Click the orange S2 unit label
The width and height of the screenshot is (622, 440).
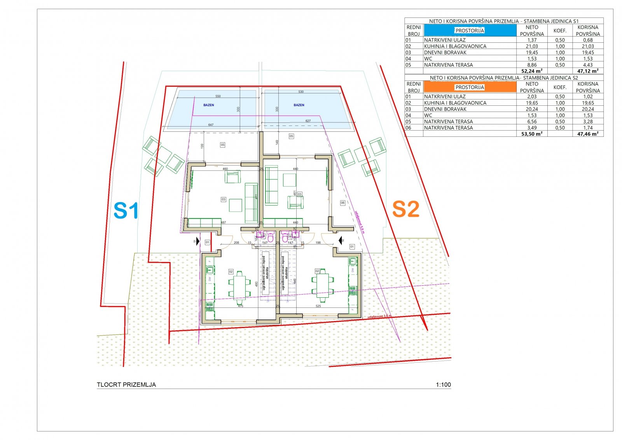(405, 209)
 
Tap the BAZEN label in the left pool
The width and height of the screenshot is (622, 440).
(209, 105)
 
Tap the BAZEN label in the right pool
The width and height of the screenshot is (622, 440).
(299, 105)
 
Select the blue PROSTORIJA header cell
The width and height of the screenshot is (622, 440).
(470, 31)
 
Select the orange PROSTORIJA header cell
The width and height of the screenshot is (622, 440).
(470, 87)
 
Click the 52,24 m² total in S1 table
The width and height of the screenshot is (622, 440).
(532, 71)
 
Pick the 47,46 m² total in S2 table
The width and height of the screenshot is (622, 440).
(588, 134)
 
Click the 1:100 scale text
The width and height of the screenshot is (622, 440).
(443, 385)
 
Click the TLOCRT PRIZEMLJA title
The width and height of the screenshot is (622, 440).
(126, 385)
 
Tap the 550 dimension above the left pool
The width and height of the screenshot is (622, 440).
(218, 96)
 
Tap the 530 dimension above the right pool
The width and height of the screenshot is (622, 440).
(301, 92)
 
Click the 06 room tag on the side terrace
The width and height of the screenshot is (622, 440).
(342, 203)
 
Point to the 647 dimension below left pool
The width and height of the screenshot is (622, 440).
(211, 125)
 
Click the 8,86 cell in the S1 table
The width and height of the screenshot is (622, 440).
(532, 65)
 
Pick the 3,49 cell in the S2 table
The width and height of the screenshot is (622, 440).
(532, 127)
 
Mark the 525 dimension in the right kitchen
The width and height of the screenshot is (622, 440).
(318, 306)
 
